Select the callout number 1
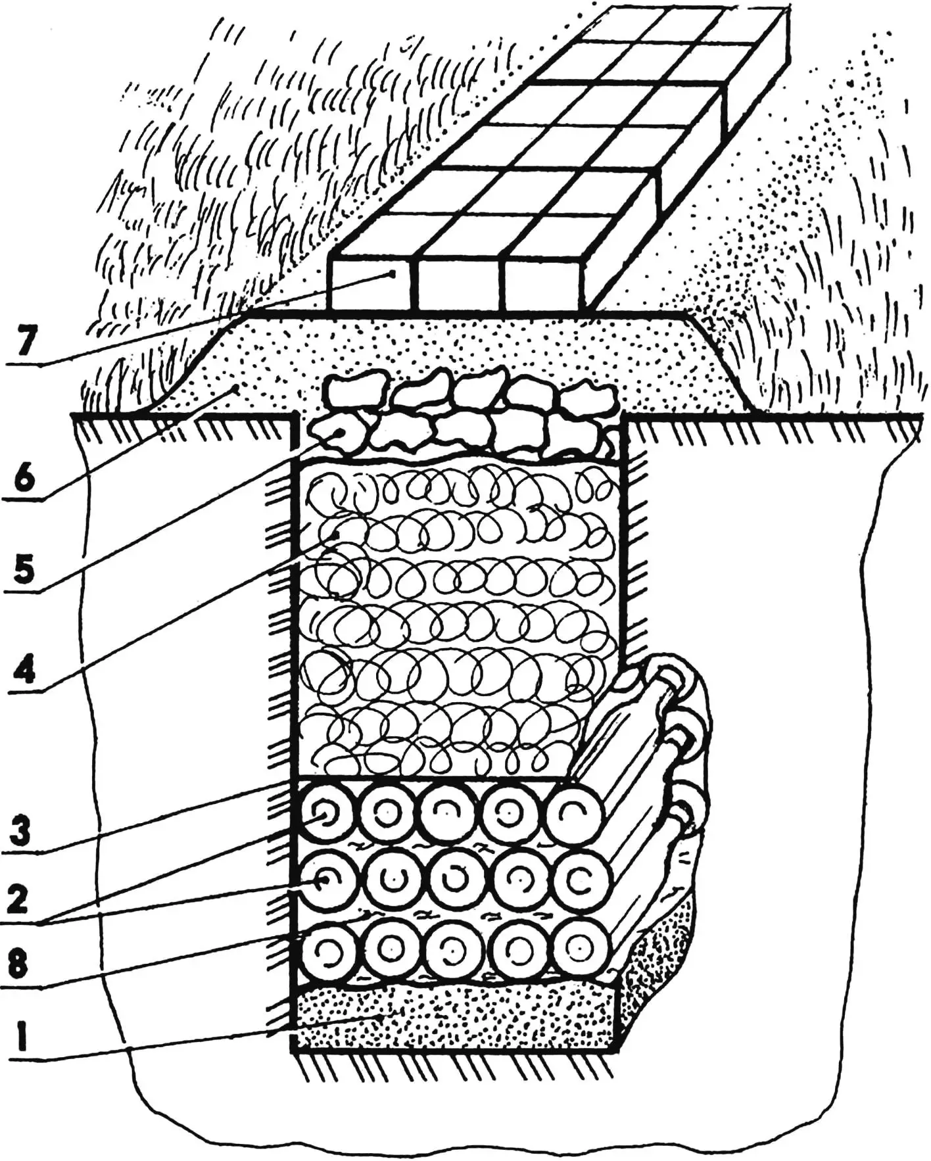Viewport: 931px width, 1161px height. (22, 1037)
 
